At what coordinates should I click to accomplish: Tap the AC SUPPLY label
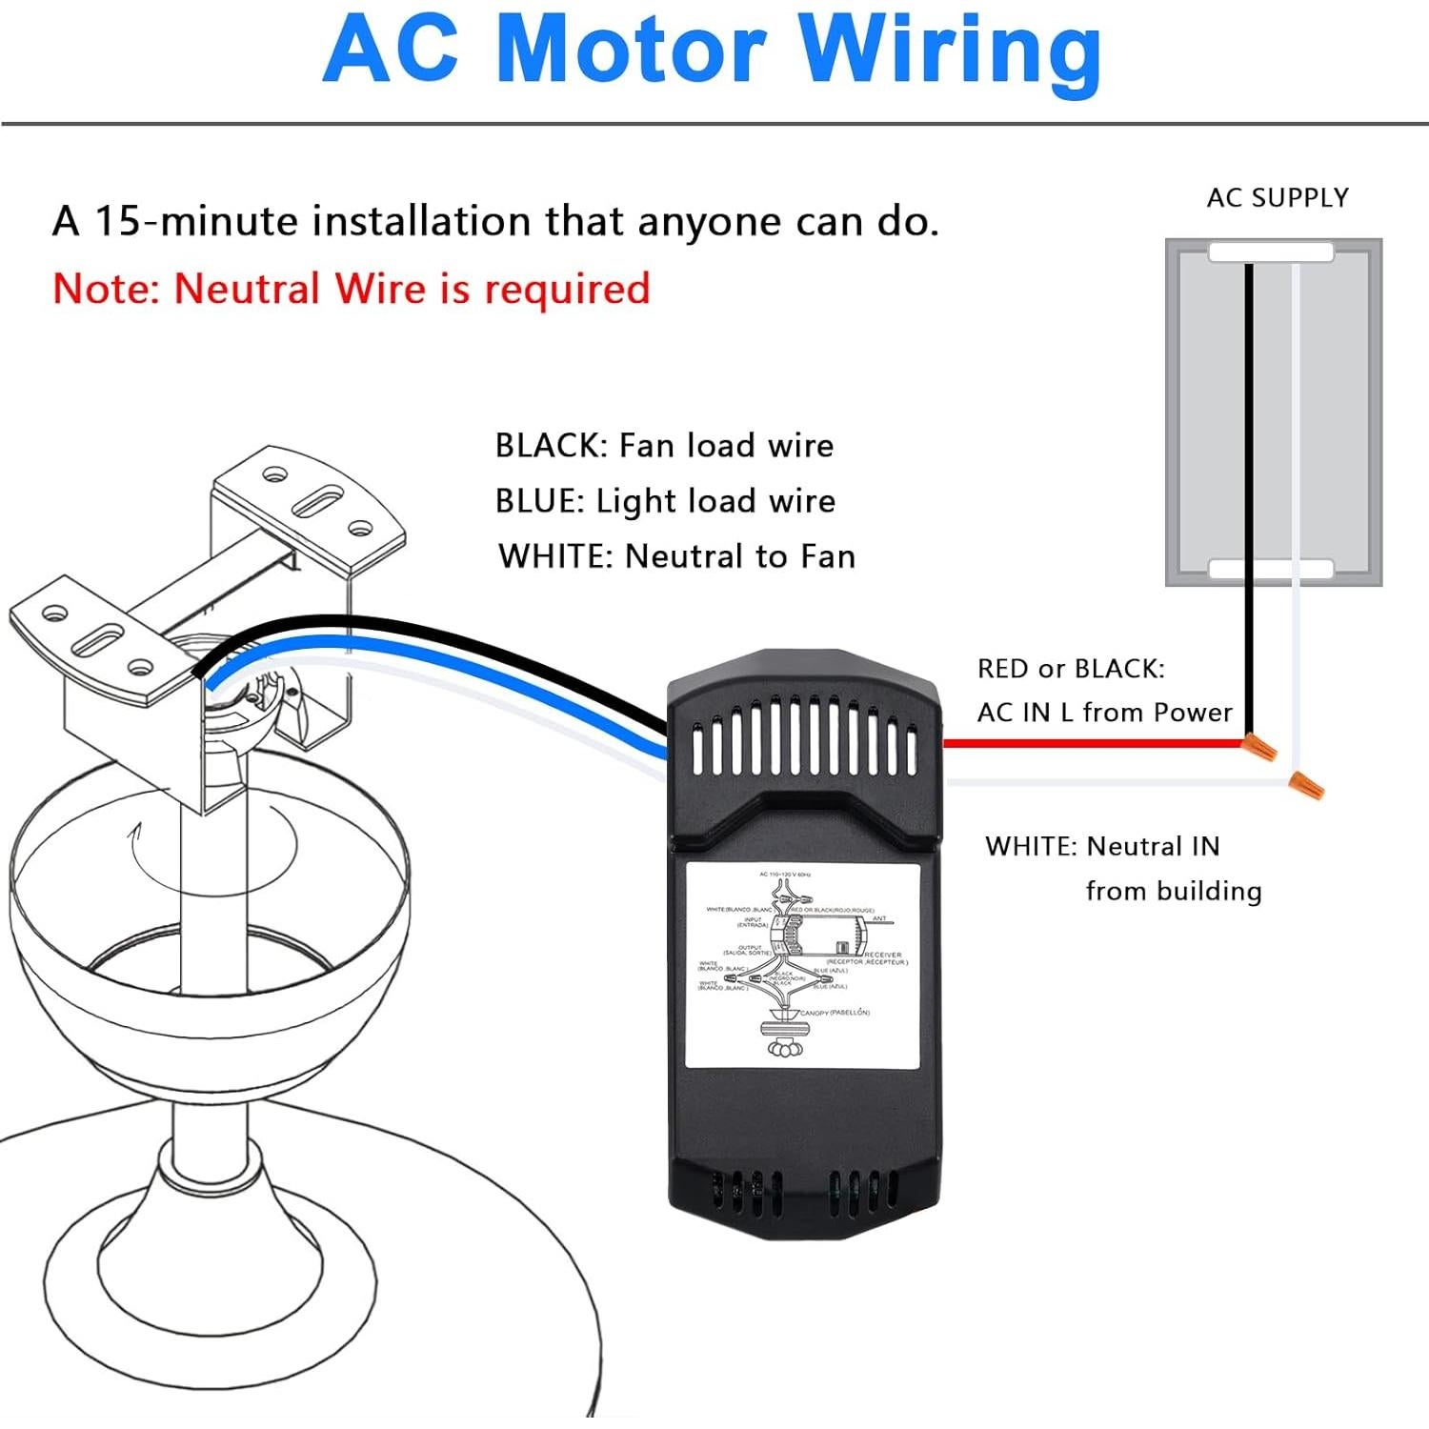click(1278, 197)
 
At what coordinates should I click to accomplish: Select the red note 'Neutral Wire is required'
click(351, 289)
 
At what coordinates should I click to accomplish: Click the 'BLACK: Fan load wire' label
click(664, 445)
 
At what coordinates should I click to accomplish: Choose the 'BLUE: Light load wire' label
click(665, 500)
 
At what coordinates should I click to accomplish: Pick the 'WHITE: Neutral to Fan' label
click(676, 555)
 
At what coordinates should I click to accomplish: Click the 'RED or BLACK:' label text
click(1070, 668)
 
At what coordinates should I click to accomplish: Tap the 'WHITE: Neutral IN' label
click(1102, 845)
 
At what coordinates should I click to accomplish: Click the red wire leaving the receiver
click(1086, 742)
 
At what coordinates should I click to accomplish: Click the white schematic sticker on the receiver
click(802, 964)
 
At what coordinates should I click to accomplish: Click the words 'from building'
click(1173, 891)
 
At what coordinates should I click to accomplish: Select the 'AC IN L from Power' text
click(1104, 712)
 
